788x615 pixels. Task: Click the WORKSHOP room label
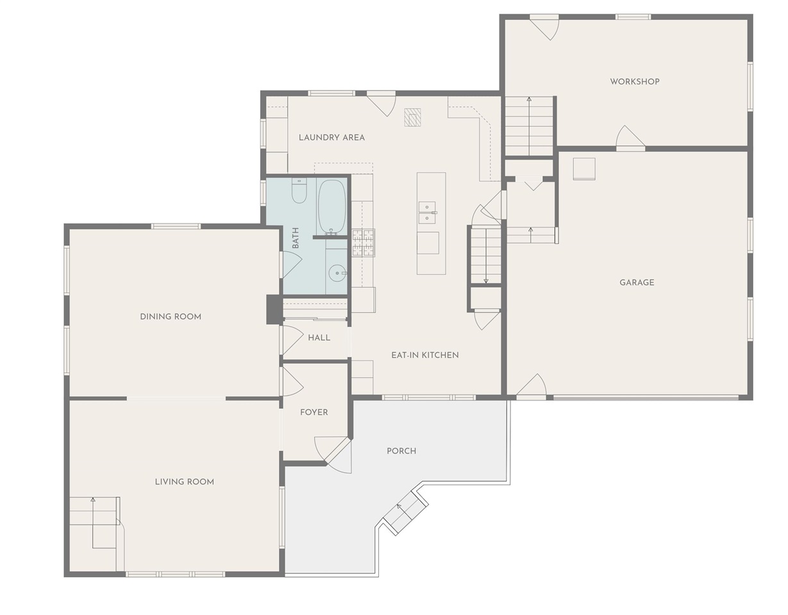pyautogui.click(x=635, y=81)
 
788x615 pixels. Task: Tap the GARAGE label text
pyautogui.click(x=637, y=283)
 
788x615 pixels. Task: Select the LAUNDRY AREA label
pyautogui.click(x=332, y=138)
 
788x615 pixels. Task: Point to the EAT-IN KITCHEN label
pyautogui.click(x=425, y=356)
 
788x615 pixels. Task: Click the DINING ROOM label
pyautogui.click(x=171, y=316)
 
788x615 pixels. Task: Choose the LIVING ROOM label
pyautogui.click(x=185, y=482)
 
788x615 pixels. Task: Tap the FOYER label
pyautogui.click(x=314, y=412)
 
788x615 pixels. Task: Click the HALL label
pyautogui.click(x=319, y=338)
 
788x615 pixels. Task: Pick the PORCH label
pyautogui.click(x=401, y=451)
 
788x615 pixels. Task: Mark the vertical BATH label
pyautogui.click(x=296, y=238)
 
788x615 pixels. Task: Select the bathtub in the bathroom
pyautogui.click(x=331, y=207)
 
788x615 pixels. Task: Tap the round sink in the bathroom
pyautogui.click(x=337, y=274)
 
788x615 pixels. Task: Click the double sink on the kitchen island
pyautogui.click(x=428, y=213)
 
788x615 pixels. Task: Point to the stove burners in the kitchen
pyautogui.click(x=364, y=243)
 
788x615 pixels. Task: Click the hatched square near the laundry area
pyautogui.click(x=413, y=117)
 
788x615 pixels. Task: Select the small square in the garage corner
pyautogui.click(x=584, y=168)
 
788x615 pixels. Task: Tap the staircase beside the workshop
pyautogui.click(x=530, y=126)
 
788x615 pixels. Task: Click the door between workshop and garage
pyautogui.click(x=631, y=140)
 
